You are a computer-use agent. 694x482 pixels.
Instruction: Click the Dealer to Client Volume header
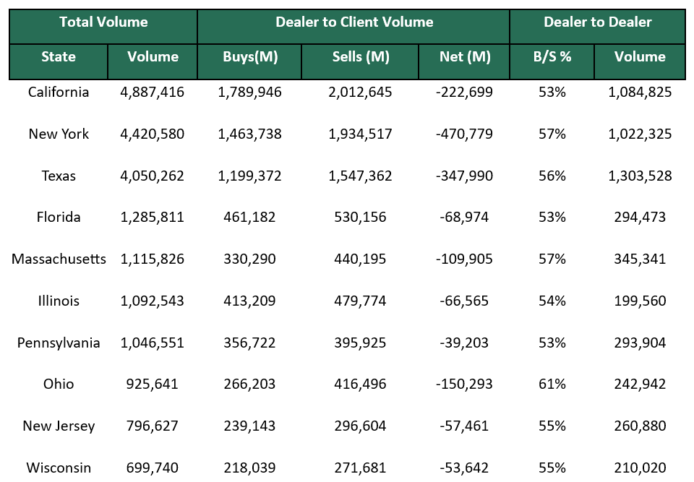(x=354, y=22)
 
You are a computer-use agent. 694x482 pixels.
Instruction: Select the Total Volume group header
(x=103, y=22)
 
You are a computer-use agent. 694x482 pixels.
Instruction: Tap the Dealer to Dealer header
(x=598, y=22)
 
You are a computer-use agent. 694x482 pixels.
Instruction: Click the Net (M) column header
(x=465, y=57)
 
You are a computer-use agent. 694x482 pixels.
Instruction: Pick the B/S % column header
(x=552, y=57)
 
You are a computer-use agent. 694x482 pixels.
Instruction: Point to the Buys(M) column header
(x=250, y=57)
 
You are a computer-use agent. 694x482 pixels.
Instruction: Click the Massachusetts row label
(x=59, y=259)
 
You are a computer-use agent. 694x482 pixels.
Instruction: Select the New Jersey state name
(x=59, y=426)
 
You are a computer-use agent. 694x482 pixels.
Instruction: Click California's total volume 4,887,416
(x=153, y=92)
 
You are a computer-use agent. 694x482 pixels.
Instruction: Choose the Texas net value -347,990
(x=465, y=176)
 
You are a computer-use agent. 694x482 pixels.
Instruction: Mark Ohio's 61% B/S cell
(x=552, y=384)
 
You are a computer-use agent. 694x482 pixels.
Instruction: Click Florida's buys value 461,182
(x=250, y=218)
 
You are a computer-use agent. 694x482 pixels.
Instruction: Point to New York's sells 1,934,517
(x=360, y=134)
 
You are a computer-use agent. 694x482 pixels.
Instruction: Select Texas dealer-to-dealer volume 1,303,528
(x=640, y=176)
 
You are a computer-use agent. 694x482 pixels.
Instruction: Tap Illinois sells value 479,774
(x=360, y=301)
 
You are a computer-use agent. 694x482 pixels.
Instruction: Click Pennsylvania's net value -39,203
(x=465, y=343)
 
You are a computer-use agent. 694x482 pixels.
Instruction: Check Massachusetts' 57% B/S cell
(x=552, y=259)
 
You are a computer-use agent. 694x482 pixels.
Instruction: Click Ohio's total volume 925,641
(x=153, y=384)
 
